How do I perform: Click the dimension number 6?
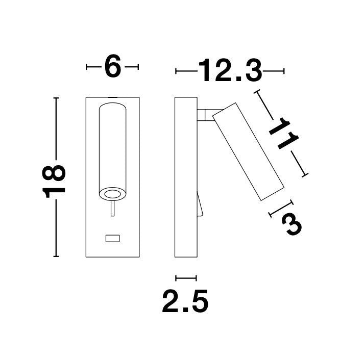113,66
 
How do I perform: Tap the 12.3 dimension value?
230,70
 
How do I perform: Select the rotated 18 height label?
54,182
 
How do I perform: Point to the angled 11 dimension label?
284,134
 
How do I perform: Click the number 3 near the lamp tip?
292,224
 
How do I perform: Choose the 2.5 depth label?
185,301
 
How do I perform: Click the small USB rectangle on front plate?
113,238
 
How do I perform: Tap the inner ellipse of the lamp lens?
113,194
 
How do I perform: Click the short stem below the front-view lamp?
113,209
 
